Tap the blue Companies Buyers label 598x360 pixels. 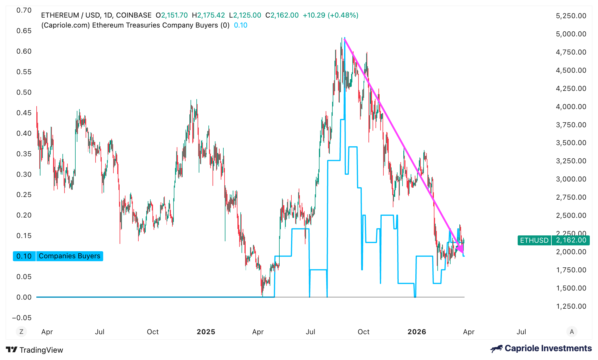click(x=69, y=256)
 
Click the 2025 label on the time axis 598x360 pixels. click(x=206, y=332)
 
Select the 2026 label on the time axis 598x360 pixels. click(x=417, y=332)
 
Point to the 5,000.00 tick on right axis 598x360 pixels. click(x=571, y=34)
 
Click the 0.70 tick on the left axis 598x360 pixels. click(x=24, y=11)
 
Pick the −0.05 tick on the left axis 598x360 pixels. click(x=22, y=318)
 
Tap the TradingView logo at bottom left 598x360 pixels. click(x=35, y=350)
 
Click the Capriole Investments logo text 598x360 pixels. click(x=548, y=348)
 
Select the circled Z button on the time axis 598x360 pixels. click(x=21, y=332)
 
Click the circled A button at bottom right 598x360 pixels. click(x=572, y=332)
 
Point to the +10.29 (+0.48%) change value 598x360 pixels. click(x=330, y=15)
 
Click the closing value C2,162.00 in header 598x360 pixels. click(x=282, y=15)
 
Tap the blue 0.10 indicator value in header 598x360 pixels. click(x=241, y=25)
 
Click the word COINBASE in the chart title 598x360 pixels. click(x=134, y=15)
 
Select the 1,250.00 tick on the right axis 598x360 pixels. click(x=571, y=306)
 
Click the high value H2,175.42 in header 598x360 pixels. click(x=208, y=15)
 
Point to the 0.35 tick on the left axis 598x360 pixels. click(x=24, y=154)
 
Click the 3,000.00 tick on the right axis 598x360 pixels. click(x=571, y=179)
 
